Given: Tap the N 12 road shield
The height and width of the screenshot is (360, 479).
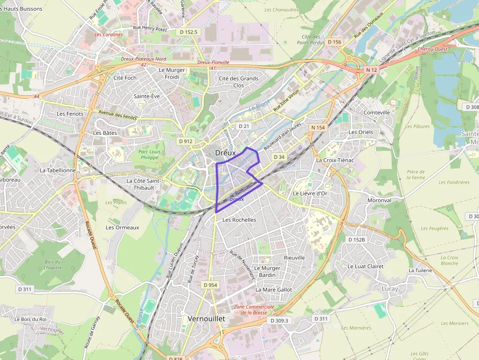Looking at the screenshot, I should pos(371,70).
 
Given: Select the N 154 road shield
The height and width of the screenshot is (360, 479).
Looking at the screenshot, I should pos(318,127).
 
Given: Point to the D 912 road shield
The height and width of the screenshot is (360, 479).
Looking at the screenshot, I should pos(185,141).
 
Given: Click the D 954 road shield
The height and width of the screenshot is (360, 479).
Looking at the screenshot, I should pos(210,285).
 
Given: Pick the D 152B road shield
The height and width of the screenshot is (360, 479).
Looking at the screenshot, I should pos(357,240).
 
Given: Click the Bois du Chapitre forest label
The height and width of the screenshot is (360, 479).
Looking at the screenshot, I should pos(52,264).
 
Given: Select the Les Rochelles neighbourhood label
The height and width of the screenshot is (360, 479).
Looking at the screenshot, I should pos(239,220).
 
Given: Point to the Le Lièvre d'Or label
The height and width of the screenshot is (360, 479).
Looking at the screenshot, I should pos(310,193).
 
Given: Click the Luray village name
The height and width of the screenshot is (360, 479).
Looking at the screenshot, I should pos(390,289).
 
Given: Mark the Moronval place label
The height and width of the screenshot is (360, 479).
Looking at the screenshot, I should pos(379,200).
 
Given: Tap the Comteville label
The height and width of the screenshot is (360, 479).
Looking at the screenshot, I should pos(377,112).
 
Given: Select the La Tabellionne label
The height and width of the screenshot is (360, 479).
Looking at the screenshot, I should pos(58,170).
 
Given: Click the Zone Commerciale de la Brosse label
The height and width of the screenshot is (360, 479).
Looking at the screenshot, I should pos(254,310).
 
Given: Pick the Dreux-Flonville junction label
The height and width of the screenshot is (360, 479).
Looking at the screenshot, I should pos(213,63).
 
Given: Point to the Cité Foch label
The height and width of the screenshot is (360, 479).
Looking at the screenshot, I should pos(125,78).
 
